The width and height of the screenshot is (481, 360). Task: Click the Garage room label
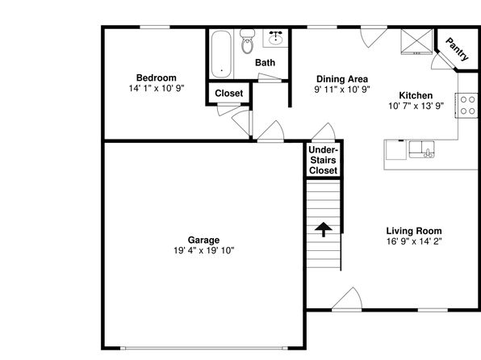[203, 240]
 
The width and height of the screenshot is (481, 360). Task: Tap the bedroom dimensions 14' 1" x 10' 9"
[156, 89]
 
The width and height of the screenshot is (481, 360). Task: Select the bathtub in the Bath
[221, 54]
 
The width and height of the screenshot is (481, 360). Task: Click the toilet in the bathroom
[247, 41]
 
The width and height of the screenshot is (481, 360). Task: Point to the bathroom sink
[275, 38]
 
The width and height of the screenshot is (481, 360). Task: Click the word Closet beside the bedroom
[229, 93]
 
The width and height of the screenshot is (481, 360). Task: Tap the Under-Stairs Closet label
[323, 160]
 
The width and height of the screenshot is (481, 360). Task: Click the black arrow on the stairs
[324, 229]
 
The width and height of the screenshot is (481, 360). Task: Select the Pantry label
[458, 49]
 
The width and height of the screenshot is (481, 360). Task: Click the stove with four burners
[467, 105]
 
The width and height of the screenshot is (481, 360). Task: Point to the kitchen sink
[421, 149]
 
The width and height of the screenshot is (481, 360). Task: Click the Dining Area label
[342, 79]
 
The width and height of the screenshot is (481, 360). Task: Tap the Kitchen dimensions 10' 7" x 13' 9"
[416, 107]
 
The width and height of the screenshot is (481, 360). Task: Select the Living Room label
[414, 231]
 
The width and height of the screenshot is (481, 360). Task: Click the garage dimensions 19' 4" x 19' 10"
[203, 251]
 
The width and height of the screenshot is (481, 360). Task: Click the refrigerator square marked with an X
[416, 41]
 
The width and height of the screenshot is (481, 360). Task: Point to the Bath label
[265, 63]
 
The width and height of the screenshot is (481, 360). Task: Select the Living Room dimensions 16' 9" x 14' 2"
[414, 241]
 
